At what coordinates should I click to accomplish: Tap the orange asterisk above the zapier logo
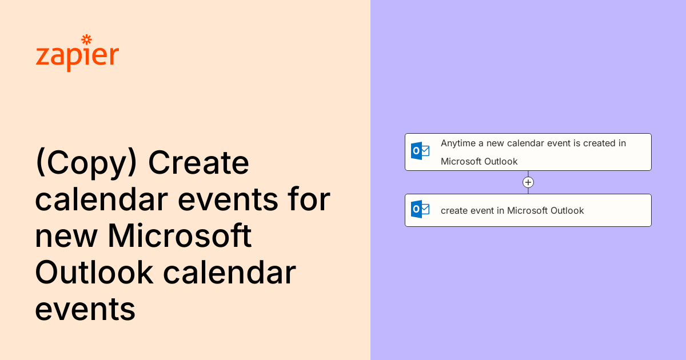click(86, 39)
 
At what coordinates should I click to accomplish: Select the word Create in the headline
click(199, 164)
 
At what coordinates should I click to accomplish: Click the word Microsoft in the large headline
click(180, 237)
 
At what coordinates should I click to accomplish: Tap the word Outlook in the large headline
click(94, 273)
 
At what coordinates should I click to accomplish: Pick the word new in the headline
click(66, 237)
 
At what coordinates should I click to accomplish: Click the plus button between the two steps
click(528, 182)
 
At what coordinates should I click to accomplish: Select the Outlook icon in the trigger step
click(420, 151)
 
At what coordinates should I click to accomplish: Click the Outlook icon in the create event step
click(420, 210)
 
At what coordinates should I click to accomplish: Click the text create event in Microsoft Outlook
click(512, 210)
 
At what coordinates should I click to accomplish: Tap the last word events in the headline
click(85, 310)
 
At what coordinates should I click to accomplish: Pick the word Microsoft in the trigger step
click(461, 161)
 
